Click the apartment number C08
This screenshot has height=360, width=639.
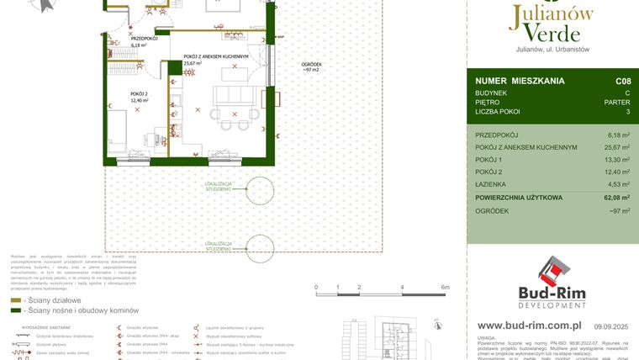click(x=623, y=81)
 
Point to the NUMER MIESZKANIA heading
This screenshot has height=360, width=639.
click(x=520, y=81)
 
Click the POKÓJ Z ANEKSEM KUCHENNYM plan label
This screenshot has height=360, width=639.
click(x=216, y=56)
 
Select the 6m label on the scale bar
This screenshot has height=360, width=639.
click(x=445, y=287)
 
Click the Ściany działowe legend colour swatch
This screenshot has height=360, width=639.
click(x=17, y=300)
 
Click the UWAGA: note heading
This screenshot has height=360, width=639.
click(x=488, y=336)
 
